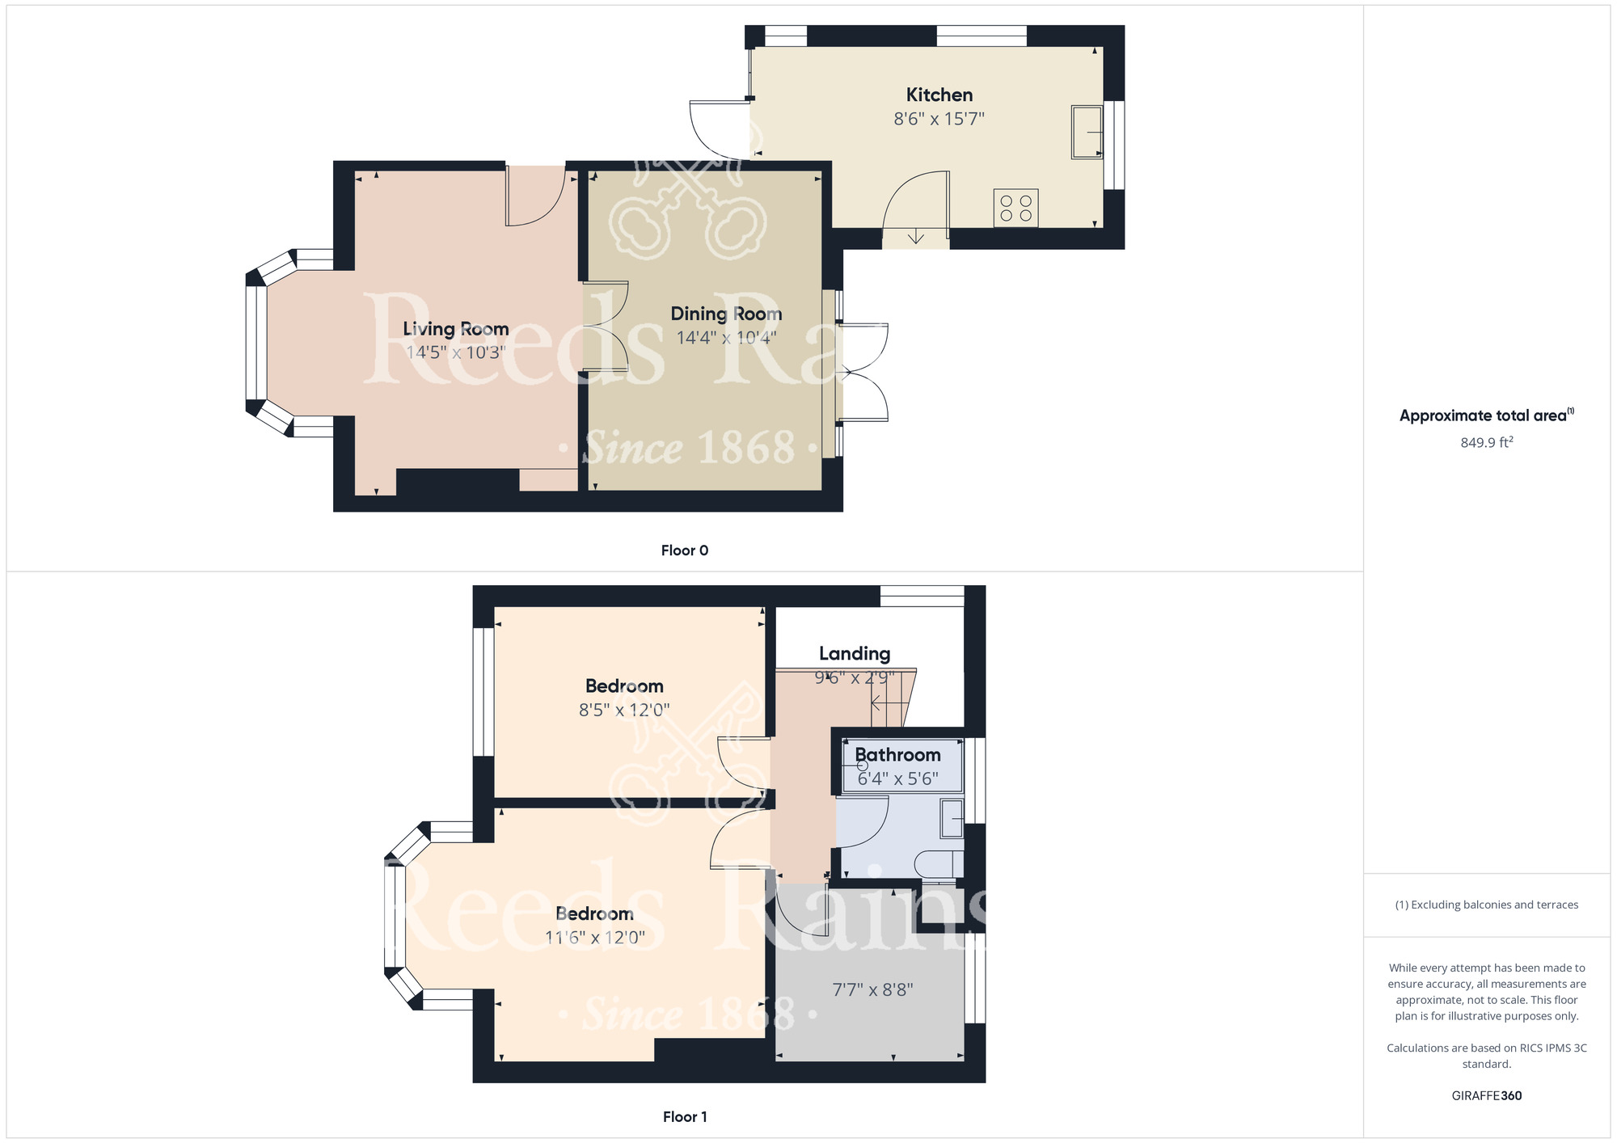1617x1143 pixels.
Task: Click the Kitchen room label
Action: [x=939, y=95]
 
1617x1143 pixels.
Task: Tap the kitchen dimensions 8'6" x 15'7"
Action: [x=939, y=119]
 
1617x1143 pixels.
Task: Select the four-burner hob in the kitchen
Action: [x=1015, y=208]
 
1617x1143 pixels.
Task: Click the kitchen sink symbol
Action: [x=1087, y=132]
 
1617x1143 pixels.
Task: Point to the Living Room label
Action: [x=456, y=329]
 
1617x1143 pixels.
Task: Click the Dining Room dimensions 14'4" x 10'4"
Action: [x=726, y=338]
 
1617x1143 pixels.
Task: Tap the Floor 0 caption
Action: [x=685, y=550]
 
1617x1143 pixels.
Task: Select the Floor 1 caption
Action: [x=685, y=1117]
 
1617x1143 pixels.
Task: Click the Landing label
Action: [x=855, y=654]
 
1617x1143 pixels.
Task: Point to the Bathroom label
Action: [x=897, y=755]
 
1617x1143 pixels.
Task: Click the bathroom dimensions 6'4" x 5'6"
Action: [x=897, y=778]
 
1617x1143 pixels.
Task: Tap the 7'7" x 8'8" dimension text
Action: [x=872, y=990]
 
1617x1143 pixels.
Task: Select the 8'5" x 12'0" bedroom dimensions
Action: [x=624, y=711]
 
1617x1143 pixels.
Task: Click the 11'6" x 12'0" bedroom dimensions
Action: [x=594, y=938]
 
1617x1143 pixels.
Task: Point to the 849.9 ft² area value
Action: [x=1486, y=442]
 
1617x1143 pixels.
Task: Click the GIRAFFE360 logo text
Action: [x=1487, y=1096]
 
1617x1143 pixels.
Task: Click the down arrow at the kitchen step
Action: [x=915, y=236]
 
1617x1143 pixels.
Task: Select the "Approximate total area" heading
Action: [x=1487, y=415]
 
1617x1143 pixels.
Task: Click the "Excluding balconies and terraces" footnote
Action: [x=1487, y=905]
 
